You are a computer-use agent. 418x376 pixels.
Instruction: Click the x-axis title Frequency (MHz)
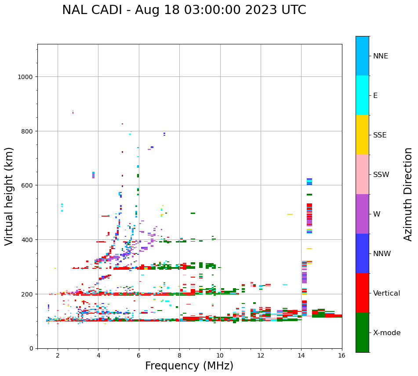point(189,366)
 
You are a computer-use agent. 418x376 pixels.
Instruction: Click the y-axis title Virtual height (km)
point(9,196)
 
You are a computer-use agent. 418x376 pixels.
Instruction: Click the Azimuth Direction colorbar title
point(408,194)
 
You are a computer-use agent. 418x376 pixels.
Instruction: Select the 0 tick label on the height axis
point(31,348)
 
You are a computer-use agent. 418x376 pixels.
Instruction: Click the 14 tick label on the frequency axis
point(301,355)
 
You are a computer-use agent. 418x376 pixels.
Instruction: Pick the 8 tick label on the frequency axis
point(179,355)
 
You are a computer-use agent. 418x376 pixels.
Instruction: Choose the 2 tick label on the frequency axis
point(58,355)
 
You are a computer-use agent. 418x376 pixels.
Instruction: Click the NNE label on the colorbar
point(381,56)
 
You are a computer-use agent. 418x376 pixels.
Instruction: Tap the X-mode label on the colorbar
point(387,333)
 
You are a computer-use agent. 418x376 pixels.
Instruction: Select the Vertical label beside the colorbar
point(387,293)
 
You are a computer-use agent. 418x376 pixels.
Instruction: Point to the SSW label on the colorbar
point(381,175)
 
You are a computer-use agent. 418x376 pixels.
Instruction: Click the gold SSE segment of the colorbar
point(362,135)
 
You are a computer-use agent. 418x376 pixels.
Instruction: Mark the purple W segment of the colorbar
point(362,214)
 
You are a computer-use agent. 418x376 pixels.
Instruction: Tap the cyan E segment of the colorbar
point(362,95)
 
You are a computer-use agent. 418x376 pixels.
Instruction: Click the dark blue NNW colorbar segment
point(362,253)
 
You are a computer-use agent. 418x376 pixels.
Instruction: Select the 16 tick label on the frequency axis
point(342,355)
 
